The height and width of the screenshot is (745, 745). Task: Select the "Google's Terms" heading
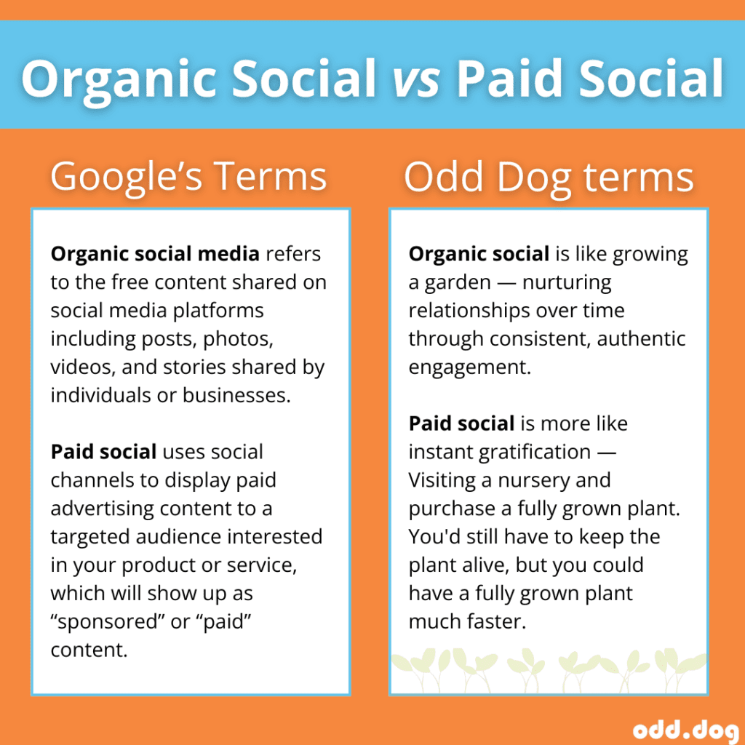(188, 176)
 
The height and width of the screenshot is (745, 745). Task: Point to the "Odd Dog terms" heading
(549, 176)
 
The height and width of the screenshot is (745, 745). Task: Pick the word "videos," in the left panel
(83, 367)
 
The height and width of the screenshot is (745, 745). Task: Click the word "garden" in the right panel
(453, 282)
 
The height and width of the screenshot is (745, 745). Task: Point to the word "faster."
(495, 622)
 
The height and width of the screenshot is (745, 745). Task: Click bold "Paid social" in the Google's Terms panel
(103, 452)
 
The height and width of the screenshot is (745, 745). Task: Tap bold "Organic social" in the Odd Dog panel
(479, 254)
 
